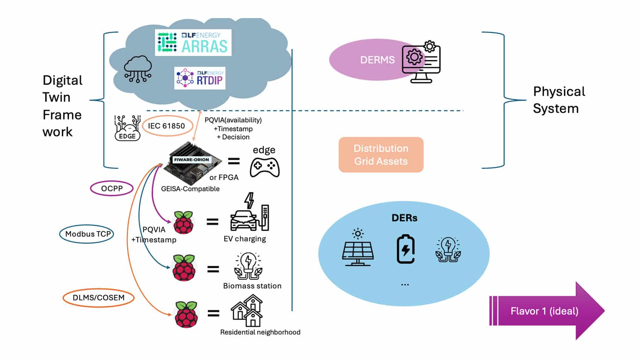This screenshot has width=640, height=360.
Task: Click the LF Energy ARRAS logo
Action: coord(193,43)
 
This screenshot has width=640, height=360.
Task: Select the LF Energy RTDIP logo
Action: coord(200,78)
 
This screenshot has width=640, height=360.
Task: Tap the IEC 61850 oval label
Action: coord(166,126)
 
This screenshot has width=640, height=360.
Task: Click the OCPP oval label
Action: coord(112,188)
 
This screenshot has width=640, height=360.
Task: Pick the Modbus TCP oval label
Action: coord(87,234)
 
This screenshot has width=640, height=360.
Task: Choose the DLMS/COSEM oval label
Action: coord(98,297)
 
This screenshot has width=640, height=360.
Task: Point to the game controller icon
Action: coord(265,167)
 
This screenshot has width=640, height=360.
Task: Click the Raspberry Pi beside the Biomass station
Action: coord(184,268)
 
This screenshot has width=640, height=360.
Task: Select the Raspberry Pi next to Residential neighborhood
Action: coord(186,314)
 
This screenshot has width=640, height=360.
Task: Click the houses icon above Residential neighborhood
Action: coord(247,311)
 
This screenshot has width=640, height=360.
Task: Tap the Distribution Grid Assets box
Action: coord(381,155)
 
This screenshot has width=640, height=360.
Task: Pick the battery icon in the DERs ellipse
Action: coord(405,249)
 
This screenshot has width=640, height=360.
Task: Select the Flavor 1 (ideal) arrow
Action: coord(546,311)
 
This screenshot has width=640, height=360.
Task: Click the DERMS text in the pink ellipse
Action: coord(377,60)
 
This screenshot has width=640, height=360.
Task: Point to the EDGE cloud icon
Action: coord(127,128)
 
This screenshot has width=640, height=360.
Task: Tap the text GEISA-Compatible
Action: coord(190,189)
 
